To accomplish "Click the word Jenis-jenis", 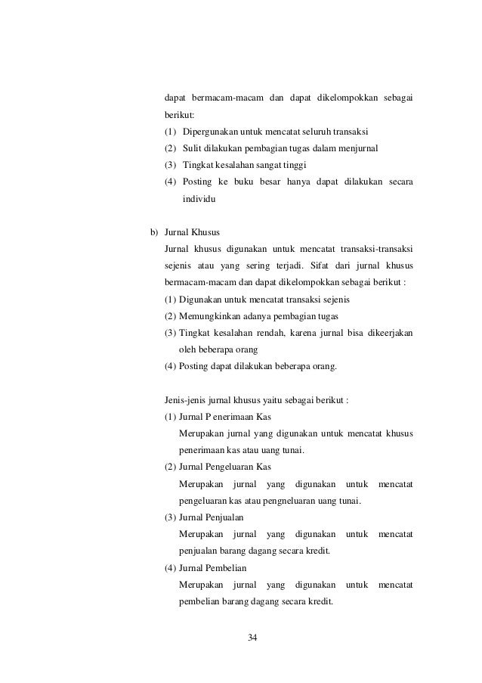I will [186, 400].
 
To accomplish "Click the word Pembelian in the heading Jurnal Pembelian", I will [226, 568].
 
